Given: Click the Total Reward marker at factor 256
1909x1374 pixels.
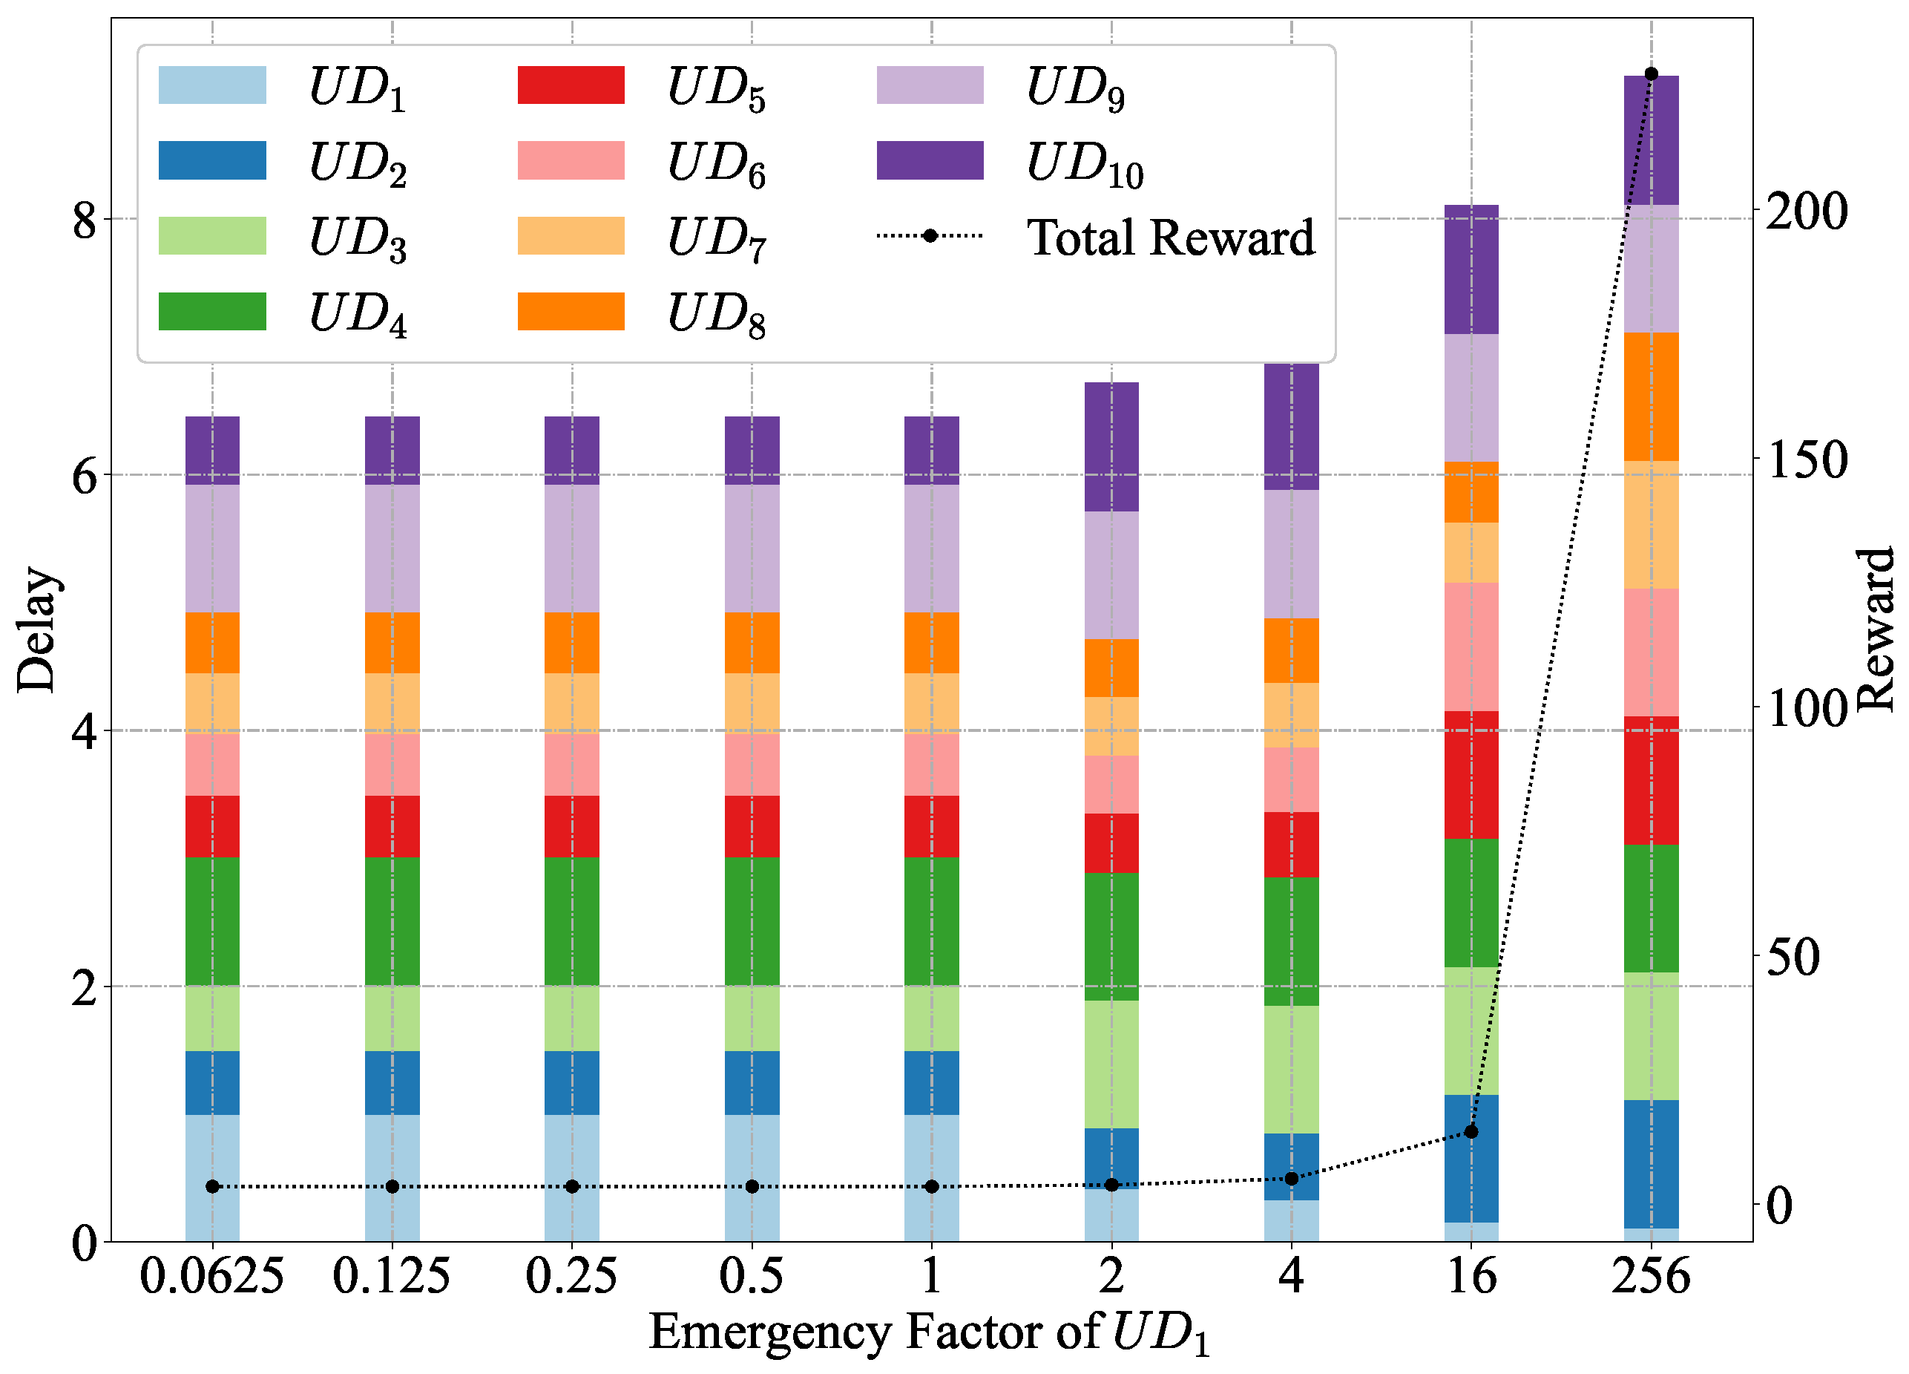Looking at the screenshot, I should click(x=1651, y=74).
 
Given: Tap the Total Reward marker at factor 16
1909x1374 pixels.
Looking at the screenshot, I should click(x=1471, y=1131).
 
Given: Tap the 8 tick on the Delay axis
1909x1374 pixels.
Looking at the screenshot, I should click(x=84, y=220).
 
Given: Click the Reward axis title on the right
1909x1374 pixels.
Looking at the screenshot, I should click(x=1876, y=629).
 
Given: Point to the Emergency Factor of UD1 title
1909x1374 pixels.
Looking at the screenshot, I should click(x=930, y=1332).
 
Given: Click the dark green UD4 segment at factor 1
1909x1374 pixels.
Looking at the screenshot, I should click(x=931, y=921).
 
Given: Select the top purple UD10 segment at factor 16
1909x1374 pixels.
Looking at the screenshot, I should click(x=1471, y=269).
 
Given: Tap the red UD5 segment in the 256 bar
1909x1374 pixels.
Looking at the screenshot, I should click(x=1651, y=780).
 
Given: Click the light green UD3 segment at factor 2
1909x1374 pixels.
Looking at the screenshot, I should click(x=1111, y=1064).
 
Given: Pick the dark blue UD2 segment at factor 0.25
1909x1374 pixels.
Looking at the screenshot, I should click(x=571, y=1083).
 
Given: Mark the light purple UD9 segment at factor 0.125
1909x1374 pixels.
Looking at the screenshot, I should click(x=392, y=548).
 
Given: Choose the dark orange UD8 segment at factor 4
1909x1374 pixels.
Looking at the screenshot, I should click(x=1291, y=651).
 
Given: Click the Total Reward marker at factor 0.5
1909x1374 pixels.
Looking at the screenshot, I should click(x=752, y=1186).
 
